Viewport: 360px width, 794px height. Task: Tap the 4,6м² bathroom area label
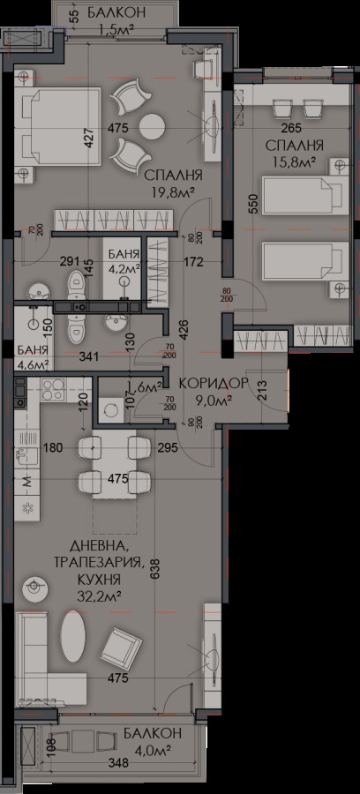coord(32,361)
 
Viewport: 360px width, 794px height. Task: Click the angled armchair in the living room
coord(121,651)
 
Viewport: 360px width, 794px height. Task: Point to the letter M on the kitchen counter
coord(26,481)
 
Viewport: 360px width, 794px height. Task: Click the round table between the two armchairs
coord(153,124)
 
